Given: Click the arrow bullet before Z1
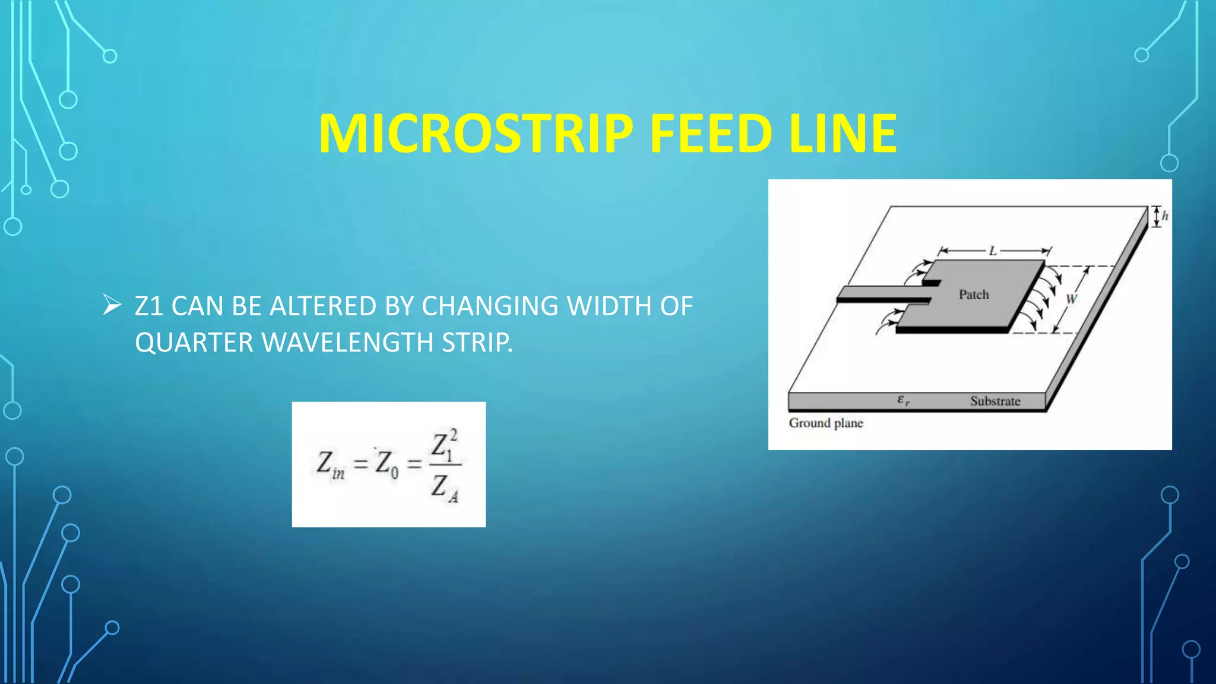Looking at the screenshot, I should pos(112,306).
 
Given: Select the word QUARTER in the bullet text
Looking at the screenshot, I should pos(194,343).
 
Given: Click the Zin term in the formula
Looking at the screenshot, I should pos(330,464).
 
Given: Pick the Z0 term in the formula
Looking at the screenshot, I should pos(386,464).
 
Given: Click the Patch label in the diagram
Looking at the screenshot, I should pos(974,294).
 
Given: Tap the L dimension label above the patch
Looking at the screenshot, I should pos(993,251).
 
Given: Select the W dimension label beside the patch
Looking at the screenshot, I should pos(1071,299).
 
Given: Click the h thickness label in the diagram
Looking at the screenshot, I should pos(1165,216).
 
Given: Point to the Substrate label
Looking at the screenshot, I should pos(995,401).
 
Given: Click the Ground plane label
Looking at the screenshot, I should pos(826,423).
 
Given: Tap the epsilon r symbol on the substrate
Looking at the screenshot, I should pos(903,401).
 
